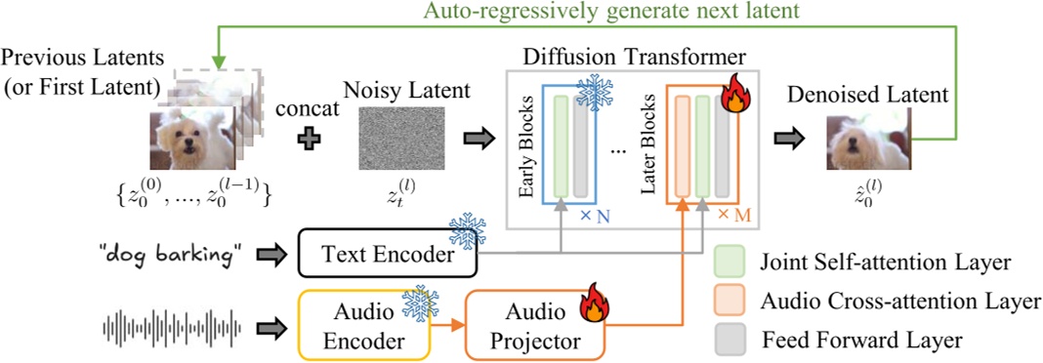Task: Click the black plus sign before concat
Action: coord(310,139)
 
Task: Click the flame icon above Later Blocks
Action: coord(734,95)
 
